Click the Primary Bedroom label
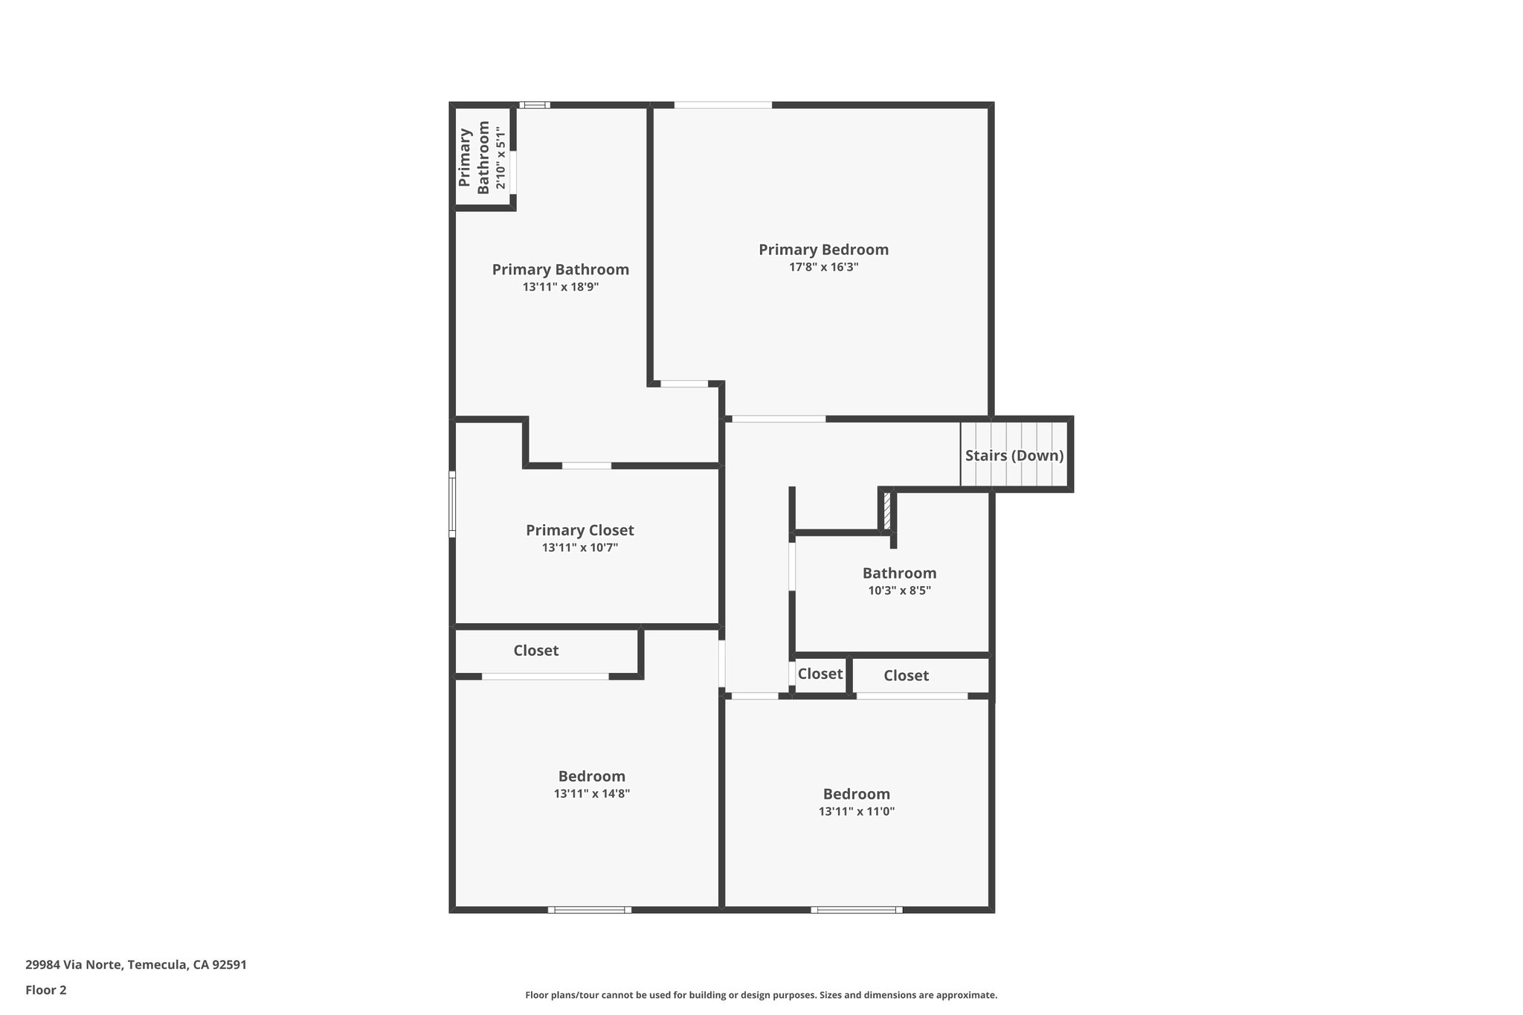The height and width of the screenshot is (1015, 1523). (x=823, y=250)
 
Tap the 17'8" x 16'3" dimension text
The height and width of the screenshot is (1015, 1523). (x=823, y=267)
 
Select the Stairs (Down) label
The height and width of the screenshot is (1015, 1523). (x=1014, y=455)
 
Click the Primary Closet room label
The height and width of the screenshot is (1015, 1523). (x=579, y=530)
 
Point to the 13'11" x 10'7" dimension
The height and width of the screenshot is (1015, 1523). (x=579, y=548)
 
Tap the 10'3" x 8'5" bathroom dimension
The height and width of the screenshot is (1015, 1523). (x=899, y=591)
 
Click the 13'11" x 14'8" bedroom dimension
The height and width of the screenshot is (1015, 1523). (x=591, y=793)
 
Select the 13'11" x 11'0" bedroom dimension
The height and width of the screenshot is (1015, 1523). (x=856, y=811)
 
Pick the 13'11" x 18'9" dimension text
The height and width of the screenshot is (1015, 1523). (x=560, y=287)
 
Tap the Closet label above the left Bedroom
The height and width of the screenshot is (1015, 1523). (x=535, y=651)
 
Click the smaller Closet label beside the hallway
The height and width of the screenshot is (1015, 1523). (x=820, y=674)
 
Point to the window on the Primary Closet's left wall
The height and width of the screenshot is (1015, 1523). (x=451, y=503)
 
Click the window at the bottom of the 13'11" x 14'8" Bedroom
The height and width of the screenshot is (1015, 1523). (x=589, y=909)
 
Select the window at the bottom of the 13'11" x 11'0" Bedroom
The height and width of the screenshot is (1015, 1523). (x=856, y=909)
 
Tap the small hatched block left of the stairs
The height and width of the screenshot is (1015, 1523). (x=886, y=511)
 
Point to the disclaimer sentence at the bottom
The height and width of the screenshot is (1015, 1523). (x=761, y=995)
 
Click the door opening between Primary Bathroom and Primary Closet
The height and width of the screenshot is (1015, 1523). (x=586, y=465)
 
